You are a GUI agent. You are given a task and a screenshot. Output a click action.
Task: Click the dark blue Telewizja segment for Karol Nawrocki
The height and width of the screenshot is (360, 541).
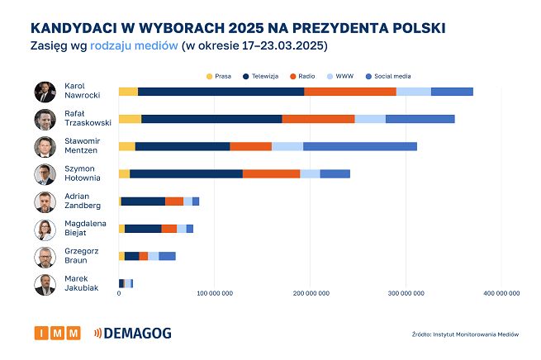point(221,91)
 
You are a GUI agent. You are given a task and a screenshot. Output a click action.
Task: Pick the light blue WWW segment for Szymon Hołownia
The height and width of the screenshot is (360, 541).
point(310,173)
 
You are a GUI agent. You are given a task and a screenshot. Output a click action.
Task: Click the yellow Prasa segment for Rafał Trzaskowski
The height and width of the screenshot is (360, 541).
point(130,119)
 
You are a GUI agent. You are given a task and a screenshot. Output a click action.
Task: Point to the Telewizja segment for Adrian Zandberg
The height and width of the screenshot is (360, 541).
point(143,201)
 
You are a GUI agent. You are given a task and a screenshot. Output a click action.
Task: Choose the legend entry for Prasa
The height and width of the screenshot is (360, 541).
point(217,76)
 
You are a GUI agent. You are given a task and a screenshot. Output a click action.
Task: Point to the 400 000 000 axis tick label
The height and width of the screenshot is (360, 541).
point(501,293)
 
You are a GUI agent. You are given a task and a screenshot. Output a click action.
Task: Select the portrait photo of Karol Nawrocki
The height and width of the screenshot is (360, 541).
point(45,92)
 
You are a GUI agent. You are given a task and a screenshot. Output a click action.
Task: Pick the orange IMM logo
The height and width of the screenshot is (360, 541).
point(57,333)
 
